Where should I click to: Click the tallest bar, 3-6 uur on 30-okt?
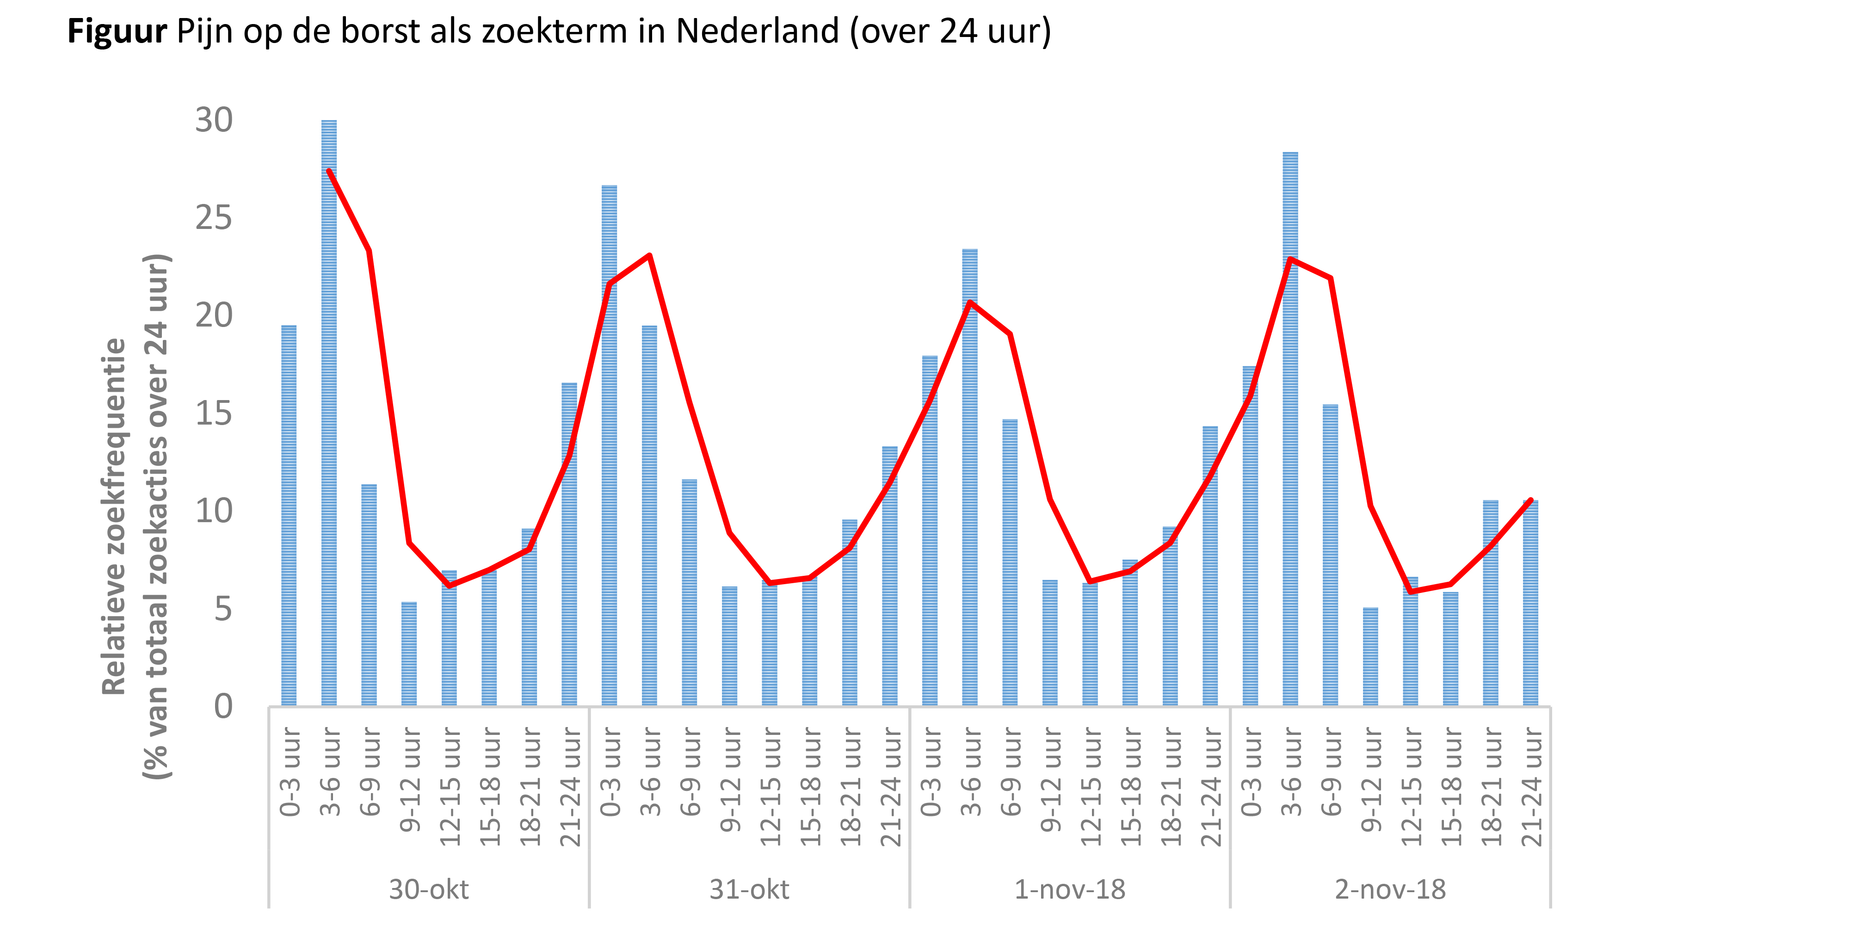(x=329, y=413)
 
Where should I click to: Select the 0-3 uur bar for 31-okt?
(x=609, y=445)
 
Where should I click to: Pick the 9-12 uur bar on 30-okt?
(x=409, y=654)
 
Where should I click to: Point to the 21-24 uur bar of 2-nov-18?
(x=1530, y=603)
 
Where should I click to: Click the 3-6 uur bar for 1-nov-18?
(x=969, y=478)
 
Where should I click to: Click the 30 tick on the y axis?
(x=214, y=121)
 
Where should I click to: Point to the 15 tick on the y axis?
(x=214, y=413)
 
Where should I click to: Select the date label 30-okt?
(x=429, y=889)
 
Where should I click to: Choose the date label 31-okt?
(x=749, y=889)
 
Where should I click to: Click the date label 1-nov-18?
(x=1069, y=889)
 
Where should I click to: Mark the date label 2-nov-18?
(x=1390, y=889)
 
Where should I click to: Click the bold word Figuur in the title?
(x=117, y=31)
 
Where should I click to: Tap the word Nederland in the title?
(x=757, y=31)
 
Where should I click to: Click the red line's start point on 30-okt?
(x=329, y=171)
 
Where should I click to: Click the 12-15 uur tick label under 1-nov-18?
(x=1090, y=786)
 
